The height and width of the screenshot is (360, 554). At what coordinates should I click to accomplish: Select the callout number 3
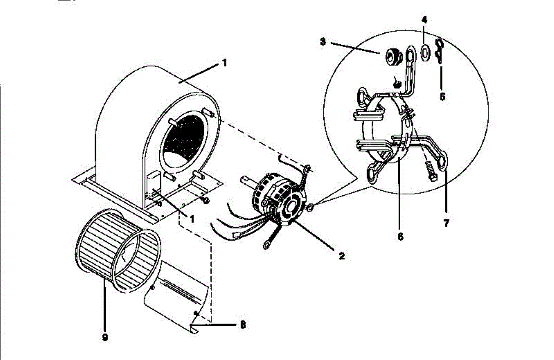click(x=323, y=42)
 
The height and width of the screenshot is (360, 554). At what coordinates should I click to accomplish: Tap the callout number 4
click(x=424, y=20)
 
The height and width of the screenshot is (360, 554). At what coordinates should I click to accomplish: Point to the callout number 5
click(x=442, y=97)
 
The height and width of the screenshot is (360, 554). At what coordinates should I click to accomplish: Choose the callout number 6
click(x=400, y=236)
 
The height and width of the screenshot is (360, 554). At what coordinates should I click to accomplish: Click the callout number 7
click(x=446, y=224)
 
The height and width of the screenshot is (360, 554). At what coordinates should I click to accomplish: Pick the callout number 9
click(x=105, y=337)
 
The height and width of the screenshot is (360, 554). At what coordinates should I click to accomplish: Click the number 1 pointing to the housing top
click(x=224, y=63)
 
